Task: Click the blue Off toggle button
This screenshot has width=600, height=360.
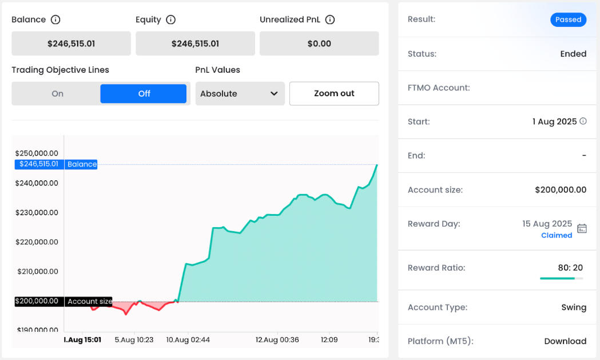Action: point(144,94)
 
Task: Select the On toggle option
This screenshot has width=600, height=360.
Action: point(57,94)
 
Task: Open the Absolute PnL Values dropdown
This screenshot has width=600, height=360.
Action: point(240,94)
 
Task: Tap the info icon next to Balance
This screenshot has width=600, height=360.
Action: point(55,20)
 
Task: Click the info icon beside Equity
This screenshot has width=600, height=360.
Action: point(170,20)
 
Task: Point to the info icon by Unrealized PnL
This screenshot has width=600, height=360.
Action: point(329,20)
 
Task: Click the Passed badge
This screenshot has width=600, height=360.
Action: point(568,19)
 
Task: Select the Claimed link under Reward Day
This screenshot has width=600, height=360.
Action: point(557,235)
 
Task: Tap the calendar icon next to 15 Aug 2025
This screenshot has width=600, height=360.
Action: point(582,228)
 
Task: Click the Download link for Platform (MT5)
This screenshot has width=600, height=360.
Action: point(565,341)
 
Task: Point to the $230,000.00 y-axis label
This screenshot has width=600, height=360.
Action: point(37,212)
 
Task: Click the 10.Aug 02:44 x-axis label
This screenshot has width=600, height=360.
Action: point(188,339)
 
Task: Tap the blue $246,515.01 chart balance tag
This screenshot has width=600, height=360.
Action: point(39,164)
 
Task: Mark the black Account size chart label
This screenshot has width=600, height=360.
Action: point(89,302)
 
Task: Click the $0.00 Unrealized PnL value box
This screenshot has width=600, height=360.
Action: point(319,43)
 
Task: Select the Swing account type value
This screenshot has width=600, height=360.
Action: point(574,307)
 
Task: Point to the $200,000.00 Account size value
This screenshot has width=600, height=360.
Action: point(561,190)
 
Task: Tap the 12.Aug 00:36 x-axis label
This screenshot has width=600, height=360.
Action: point(277,339)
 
